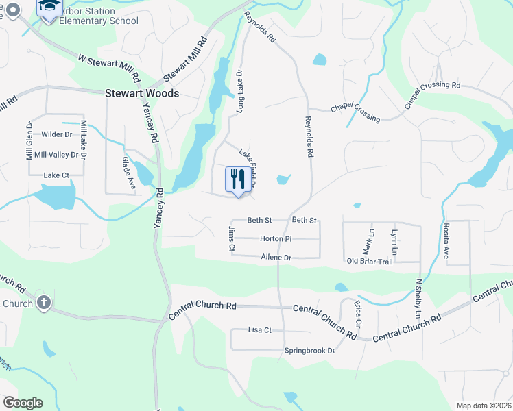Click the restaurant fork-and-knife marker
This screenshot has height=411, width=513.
236,180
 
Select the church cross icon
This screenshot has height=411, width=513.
43,303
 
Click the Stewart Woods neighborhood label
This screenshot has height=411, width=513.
142,93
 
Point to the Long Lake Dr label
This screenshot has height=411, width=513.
240,90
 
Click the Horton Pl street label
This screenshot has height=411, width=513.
276,238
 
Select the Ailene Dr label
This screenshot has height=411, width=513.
276,258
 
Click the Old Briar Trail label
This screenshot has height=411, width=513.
369,261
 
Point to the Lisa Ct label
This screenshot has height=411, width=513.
260,330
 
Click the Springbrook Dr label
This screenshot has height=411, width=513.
309,351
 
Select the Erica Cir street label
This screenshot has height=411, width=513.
358,312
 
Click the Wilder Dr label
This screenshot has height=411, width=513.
57,134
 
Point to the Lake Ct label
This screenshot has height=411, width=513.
56,175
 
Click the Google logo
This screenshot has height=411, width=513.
23,402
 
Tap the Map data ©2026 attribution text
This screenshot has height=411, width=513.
483,406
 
